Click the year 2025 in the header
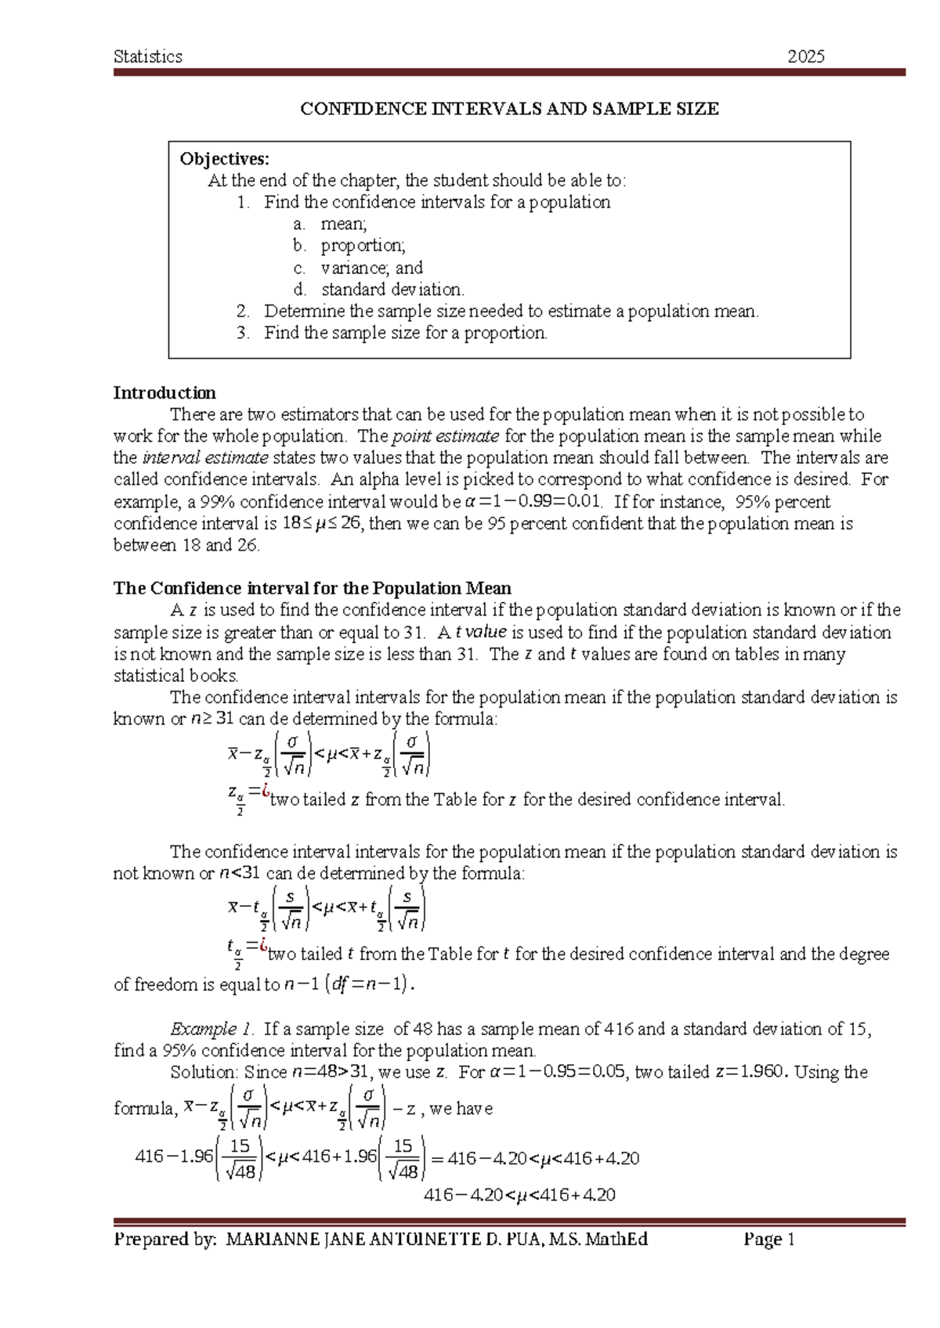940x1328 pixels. coord(806,56)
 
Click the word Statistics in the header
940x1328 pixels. coord(148,56)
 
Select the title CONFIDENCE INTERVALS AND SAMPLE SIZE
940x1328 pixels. coord(509,109)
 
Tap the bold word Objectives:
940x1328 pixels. coord(224,159)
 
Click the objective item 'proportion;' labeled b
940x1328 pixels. coord(363,246)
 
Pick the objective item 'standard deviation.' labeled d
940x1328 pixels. coord(392,290)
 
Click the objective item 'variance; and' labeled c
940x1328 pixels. coord(371,268)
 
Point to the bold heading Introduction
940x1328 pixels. coord(164,393)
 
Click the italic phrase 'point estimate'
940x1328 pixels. coord(445,436)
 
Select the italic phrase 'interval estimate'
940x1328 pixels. coord(205,457)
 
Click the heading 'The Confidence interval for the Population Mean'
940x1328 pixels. coord(312,588)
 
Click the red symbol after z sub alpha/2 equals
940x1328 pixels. coord(266,791)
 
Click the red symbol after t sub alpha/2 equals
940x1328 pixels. coord(264,945)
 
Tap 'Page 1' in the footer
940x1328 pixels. coord(769,1240)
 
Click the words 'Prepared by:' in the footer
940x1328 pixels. coord(165,1240)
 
